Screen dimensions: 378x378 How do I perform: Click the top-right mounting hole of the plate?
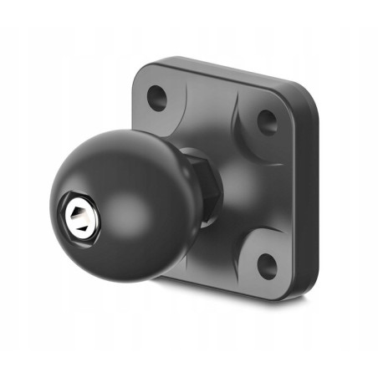click(267, 123)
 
